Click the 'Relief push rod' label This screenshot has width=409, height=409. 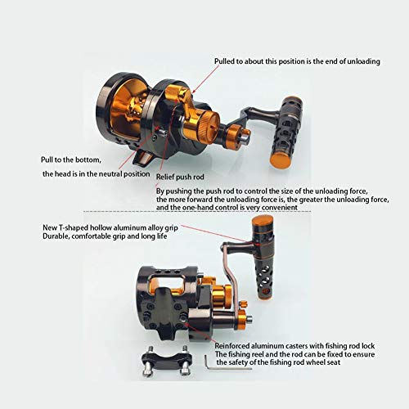pyautogui.click(x=180, y=177)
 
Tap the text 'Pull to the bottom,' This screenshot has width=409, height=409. pyautogui.click(x=71, y=160)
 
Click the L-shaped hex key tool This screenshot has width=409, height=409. pyautogui.click(x=227, y=363)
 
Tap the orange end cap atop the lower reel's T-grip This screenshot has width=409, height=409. pyautogui.click(x=263, y=221)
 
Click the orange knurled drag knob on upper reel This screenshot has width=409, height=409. pyautogui.click(x=202, y=126)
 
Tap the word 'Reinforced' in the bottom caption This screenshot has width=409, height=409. pyautogui.click(x=232, y=346)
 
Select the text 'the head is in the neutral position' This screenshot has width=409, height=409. pyautogui.click(x=97, y=174)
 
